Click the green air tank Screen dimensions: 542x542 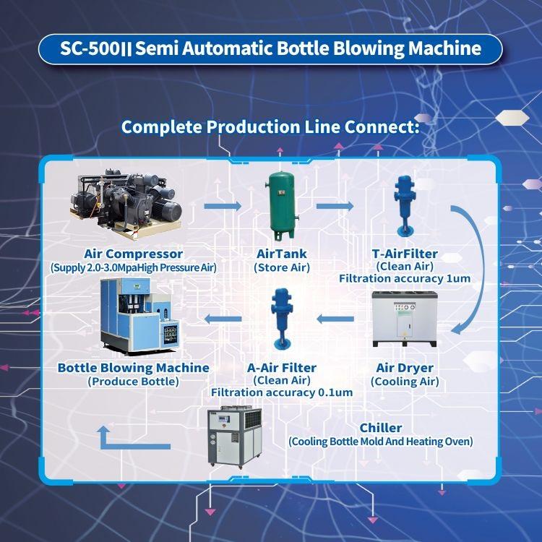tap(282, 206)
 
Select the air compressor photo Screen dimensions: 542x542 tap(126, 204)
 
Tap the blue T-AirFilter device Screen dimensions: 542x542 tap(405, 206)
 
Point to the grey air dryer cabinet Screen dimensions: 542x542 tap(405, 319)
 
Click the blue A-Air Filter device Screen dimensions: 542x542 tap(282, 319)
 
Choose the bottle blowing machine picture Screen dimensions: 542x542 tap(140, 317)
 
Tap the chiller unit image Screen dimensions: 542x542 tap(234, 436)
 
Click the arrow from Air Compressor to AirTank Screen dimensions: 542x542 tap(223, 206)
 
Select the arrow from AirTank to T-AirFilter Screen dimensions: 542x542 tap(335, 206)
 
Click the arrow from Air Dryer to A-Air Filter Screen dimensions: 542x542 tap(335, 319)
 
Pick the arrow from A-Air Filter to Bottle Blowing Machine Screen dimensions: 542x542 tap(223, 319)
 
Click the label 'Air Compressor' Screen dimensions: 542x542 tap(133, 254)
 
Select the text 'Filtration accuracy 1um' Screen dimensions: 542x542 tap(405, 279)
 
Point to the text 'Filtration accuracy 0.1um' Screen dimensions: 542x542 tap(282, 392)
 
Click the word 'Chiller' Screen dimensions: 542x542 tap(381, 428)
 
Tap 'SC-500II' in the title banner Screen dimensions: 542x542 tap(95, 48)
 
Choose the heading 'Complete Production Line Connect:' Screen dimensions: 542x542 tap(270, 127)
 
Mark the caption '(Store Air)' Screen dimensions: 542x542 tap(282, 267)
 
